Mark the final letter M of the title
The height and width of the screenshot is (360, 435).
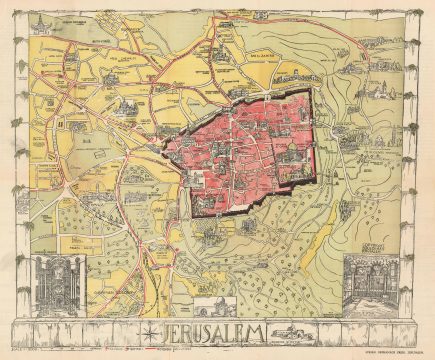pos(263,331)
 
